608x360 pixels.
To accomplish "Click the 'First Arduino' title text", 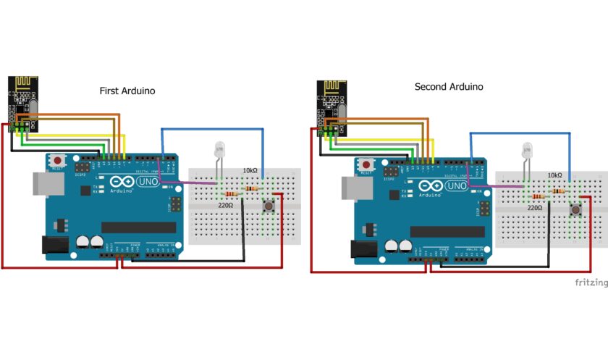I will point(127,91).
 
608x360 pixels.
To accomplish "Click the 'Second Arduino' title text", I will point(448,87).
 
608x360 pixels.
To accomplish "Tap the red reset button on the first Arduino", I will point(57,159).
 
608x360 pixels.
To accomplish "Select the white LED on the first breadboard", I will point(220,151).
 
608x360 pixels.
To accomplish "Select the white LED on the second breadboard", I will point(528,152).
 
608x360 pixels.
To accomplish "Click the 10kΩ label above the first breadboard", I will point(250,171).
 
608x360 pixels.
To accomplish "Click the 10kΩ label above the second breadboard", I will point(554,175).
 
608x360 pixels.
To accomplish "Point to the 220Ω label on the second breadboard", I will point(535,207).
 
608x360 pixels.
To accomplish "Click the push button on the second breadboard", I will point(576,211).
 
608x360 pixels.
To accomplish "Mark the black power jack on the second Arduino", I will point(363,249).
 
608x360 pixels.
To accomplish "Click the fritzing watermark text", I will point(591,281).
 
